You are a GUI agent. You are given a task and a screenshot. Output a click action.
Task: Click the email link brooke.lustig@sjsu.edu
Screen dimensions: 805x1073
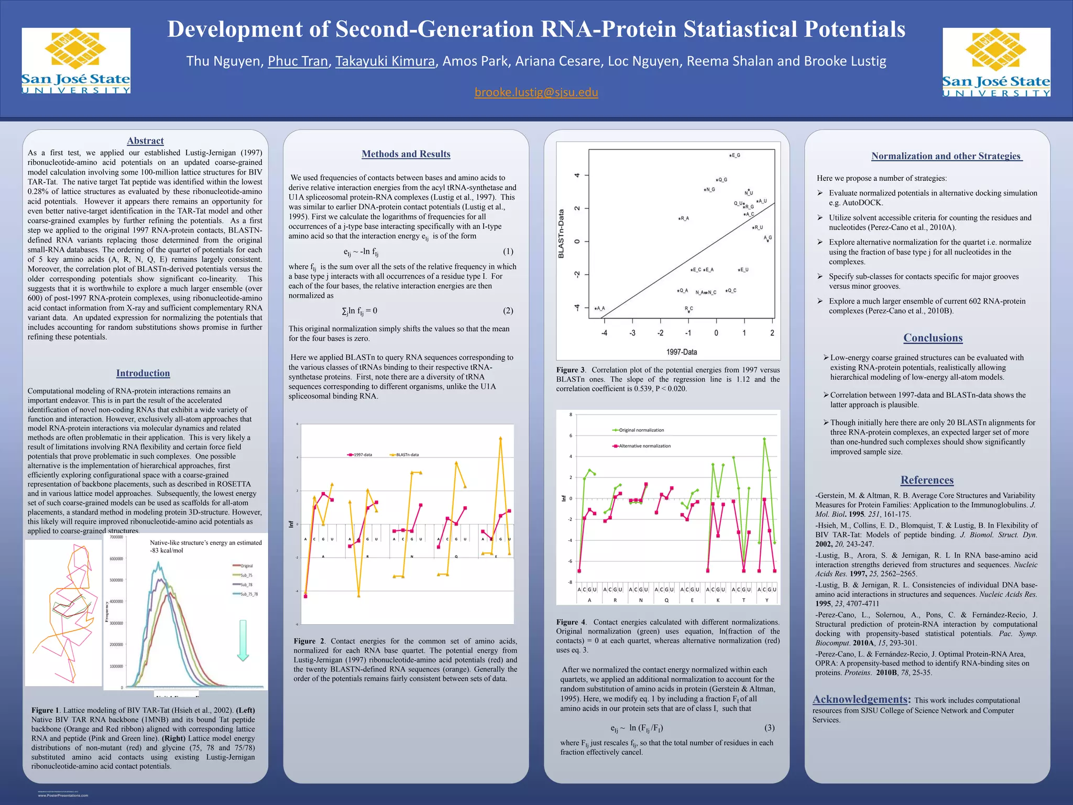(536, 92)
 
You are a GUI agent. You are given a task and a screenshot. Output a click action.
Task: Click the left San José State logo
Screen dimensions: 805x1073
(76, 61)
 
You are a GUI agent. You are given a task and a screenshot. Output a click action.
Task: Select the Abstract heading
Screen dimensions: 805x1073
(145, 141)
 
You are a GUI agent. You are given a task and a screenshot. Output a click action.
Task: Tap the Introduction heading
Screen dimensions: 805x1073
(143, 373)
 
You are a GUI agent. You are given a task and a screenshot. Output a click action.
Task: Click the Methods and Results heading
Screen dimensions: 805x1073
(406, 154)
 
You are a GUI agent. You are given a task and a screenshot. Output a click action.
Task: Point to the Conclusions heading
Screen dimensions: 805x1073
(933, 338)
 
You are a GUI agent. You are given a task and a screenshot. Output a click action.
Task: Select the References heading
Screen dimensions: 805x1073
(927, 480)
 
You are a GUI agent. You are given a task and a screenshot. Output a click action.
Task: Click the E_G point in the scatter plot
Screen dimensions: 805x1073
(731, 155)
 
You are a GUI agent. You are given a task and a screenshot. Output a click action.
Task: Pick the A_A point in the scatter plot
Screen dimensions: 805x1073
(596, 308)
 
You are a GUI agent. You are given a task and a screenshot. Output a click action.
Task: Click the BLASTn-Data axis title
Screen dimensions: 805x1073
(561, 233)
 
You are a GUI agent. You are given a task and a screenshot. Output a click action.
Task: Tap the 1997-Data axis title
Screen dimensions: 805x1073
(681, 352)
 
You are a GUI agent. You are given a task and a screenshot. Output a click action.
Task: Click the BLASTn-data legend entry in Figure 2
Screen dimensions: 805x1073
(407, 455)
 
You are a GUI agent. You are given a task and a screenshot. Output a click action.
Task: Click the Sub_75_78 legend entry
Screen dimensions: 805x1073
(248, 594)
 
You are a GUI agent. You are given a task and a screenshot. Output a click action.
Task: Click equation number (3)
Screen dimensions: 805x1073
(769, 727)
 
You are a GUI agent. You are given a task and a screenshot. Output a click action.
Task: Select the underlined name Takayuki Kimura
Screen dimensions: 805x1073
(385, 61)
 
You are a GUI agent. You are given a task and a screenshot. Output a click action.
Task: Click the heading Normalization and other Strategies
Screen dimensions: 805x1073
(946, 156)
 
